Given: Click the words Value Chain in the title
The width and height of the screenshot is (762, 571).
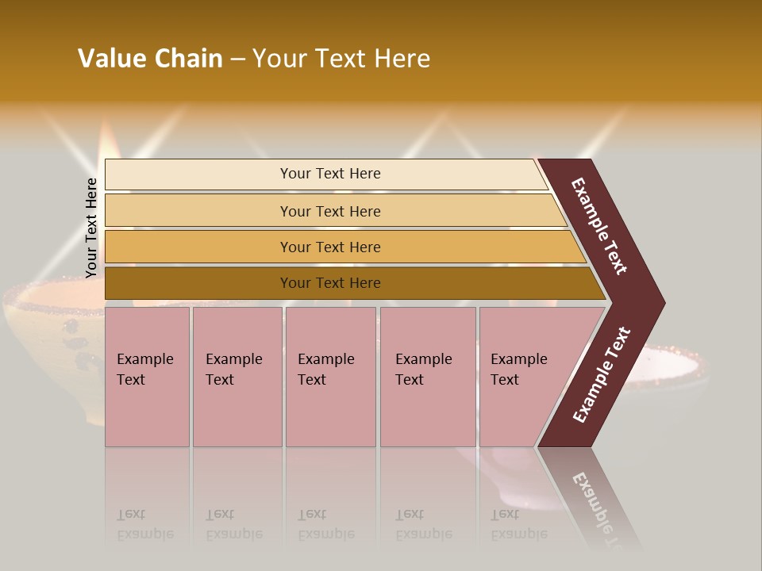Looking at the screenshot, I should [x=150, y=59].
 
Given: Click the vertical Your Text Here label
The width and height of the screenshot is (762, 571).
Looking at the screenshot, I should [x=91, y=228].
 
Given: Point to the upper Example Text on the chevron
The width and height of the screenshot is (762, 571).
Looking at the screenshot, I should [x=599, y=226].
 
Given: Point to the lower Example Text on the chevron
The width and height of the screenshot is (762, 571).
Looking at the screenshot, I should [x=601, y=375].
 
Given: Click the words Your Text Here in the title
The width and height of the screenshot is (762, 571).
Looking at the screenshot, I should [x=341, y=59].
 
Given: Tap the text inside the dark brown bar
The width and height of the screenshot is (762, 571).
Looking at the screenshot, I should [x=330, y=283].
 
